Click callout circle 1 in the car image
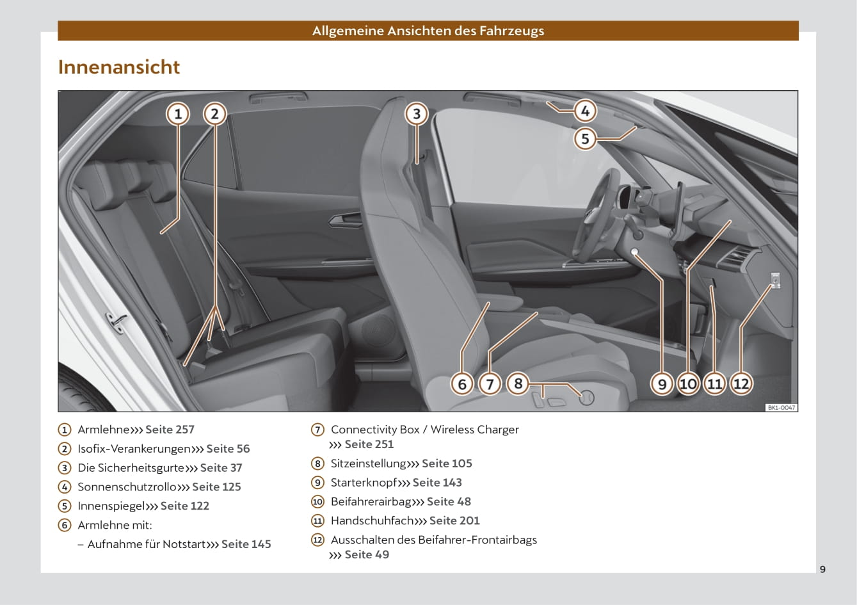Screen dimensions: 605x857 pyautogui.click(x=178, y=114)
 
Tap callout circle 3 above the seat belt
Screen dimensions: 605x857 pyautogui.click(x=417, y=114)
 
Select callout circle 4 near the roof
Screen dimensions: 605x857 pyautogui.click(x=585, y=111)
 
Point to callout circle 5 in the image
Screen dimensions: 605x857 pyautogui.click(x=585, y=138)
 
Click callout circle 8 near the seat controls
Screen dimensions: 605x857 pyautogui.click(x=518, y=383)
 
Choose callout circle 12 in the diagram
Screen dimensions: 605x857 pyautogui.click(x=741, y=383)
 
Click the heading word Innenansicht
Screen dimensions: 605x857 pyautogui.click(x=119, y=67)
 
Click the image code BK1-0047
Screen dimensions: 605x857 pyautogui.click(x=781, y=407)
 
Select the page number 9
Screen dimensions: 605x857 pyautogui.click(x=823, y=569)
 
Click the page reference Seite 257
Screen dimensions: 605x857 pyautogui.click(x=170, y=430)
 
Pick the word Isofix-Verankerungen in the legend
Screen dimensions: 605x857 pyautogui.click(x=134, y=449)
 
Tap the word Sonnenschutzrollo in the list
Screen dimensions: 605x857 pyautogui.click(x=127, y=487)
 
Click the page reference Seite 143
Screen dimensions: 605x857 pyautogui.click(x=437, y=483)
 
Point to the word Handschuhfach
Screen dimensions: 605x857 pyautogui.click(x=372, y=520)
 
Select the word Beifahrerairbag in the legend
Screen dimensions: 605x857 pyautogui.click(x=371, y=502)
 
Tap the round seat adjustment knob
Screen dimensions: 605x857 pyautogui.click(x=586, y=398)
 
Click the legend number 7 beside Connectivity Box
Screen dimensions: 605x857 pyautogui.click(x=317, y=430)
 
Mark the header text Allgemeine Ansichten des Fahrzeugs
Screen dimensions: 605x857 pyautogui.click(x=428, y=31)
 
